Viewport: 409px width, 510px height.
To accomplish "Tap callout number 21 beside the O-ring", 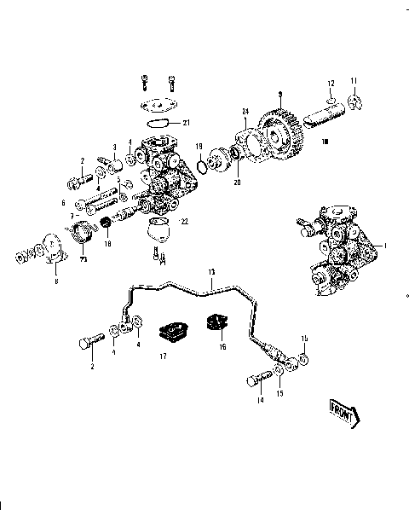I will point(187,122).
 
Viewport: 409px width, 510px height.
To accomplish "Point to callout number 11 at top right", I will point(354,80).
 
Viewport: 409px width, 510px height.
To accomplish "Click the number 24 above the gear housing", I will point(244,110).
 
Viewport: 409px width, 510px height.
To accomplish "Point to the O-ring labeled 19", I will point(204,165).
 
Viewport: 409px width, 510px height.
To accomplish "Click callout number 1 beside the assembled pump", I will point(388,246).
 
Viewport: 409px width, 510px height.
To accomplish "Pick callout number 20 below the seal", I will point(238,180).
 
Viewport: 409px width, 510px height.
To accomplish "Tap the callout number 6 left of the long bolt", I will point(63,202).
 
